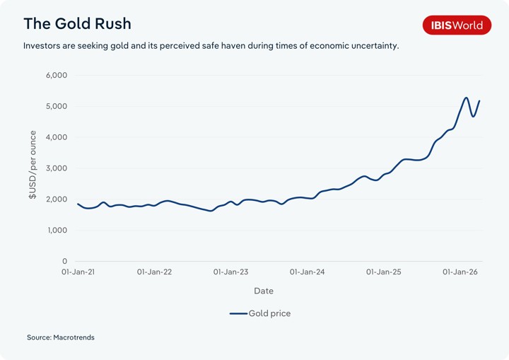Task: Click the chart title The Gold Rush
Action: coord(77,23)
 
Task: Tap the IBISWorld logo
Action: coord(456,25)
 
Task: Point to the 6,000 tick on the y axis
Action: coord(55,75)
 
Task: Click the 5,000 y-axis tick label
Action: coord(55,106)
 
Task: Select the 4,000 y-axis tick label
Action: coord(55,137)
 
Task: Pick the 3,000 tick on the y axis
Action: coord(55,168)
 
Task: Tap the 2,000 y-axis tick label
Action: coord(55,199)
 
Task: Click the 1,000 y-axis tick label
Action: coord(55,231)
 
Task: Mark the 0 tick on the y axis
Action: coord(64,262)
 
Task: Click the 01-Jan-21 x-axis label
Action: coord(78,272)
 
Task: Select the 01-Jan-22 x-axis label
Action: coord(154,272)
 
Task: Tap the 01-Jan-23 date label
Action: coord(230,272)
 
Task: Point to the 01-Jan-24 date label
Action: coord(307,272)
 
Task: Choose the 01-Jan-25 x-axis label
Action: coord(383,272)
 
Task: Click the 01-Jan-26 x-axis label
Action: coord(460,272)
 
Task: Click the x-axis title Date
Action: coord(263,291)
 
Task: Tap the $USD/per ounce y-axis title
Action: coord(33,165)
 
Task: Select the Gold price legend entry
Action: coord(260,313)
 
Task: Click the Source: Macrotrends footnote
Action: coord(61,337)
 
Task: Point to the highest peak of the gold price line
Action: coord(466,98)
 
